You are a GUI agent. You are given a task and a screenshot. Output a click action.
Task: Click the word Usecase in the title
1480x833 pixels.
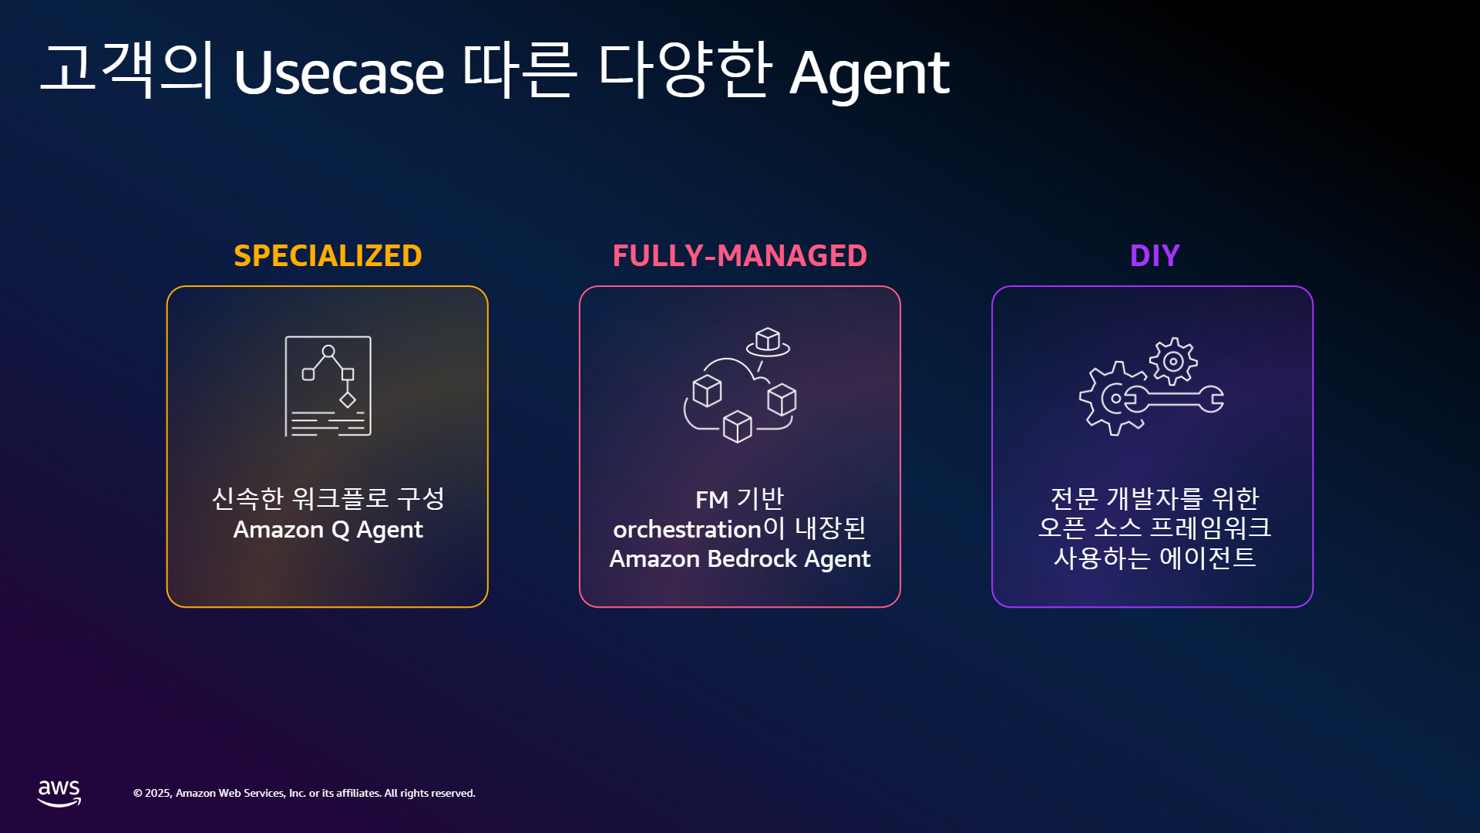[x=339, y=73]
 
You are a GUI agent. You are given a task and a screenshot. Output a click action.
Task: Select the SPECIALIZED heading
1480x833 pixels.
[x=328, y=255]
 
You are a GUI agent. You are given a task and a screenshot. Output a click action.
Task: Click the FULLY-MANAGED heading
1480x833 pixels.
[x=740, y=255]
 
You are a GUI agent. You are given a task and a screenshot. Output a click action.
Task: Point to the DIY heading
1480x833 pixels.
[x=1155, y=255]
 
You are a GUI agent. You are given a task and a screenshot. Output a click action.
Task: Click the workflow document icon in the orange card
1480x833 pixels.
[x=328, y=386]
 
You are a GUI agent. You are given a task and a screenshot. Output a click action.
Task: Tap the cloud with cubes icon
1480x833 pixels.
[x=740, y=385]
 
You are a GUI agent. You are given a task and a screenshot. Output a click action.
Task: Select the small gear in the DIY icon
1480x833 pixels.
[x=1173, y=361]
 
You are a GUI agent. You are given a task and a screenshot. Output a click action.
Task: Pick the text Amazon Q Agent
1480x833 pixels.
[x=328, y=531]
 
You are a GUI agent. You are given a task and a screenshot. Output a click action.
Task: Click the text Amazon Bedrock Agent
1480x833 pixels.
[x=740, y=559]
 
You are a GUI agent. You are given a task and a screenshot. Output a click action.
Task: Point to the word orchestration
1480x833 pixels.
[x=687, y=529]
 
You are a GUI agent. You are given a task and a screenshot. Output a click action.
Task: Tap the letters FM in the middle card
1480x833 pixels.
[x=711, y=500]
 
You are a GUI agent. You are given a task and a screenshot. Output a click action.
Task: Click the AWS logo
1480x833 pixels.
[x=59, y=793]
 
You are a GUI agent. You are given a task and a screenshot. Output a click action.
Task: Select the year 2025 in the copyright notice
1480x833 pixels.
[x=157, y=793]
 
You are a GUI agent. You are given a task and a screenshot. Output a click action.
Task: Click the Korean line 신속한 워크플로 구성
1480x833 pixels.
[x=328, y=498]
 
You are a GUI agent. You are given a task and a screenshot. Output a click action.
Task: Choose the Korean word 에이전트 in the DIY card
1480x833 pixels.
[x=1207, y=557]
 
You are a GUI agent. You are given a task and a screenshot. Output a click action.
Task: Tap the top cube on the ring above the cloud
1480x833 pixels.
[x=768, y=339]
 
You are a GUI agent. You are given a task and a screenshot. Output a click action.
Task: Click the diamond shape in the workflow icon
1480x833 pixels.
[x=348, y=400]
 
